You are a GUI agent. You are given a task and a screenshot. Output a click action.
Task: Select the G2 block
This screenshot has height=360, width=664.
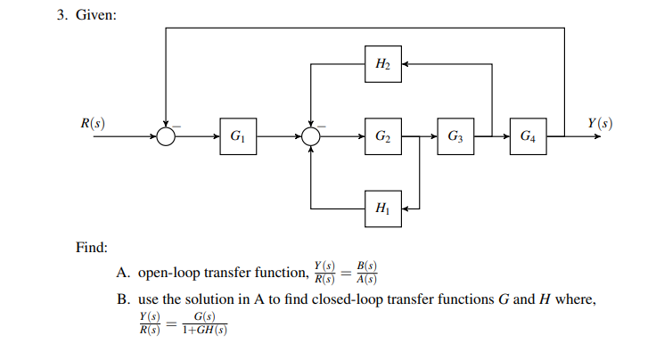pos(382,136)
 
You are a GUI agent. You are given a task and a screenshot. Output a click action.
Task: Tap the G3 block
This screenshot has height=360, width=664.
pos(455,136)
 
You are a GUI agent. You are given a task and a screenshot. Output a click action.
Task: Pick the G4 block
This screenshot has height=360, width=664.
pos(528,136)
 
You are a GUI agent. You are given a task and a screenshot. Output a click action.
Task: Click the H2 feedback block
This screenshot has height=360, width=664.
pos(382,64)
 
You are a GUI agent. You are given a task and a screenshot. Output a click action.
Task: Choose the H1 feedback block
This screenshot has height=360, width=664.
pos(382,209)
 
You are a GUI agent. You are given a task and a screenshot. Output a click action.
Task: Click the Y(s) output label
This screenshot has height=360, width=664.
pos(599,122)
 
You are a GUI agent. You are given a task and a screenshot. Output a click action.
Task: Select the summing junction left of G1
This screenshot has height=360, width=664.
pos(166,136)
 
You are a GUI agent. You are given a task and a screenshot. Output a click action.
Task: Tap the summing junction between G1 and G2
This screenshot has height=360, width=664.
pos(310,136)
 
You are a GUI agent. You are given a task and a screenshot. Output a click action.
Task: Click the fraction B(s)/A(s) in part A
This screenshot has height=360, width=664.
pos(366,272)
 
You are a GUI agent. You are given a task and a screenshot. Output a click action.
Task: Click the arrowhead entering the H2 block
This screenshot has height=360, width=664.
pos(405,64)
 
